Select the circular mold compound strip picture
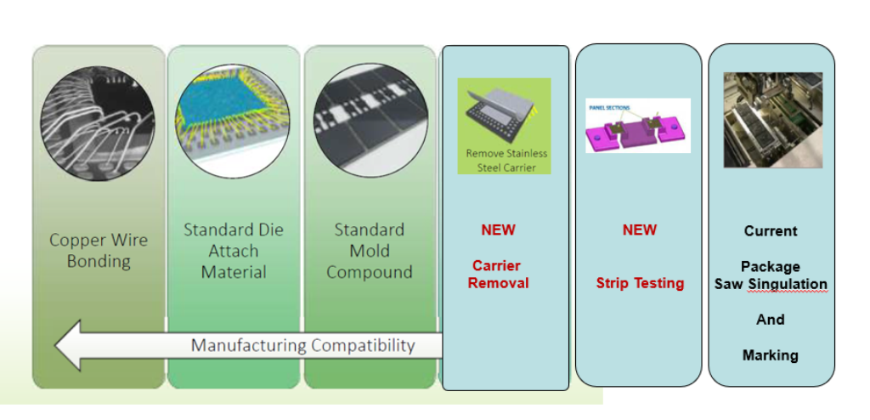point(369,125)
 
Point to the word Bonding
point(99,261)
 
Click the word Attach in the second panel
point(234,252)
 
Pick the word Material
point(234,273)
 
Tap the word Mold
point(370,252)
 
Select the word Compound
point(370,273)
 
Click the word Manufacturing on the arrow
point(248,346)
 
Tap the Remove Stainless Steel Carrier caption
point(506,161)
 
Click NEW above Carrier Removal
point(498,230)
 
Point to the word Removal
point(498,283)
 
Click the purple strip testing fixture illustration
point(637,130)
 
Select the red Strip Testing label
point(640,283)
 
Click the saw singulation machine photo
point(772,120)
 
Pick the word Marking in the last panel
point(771,355)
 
